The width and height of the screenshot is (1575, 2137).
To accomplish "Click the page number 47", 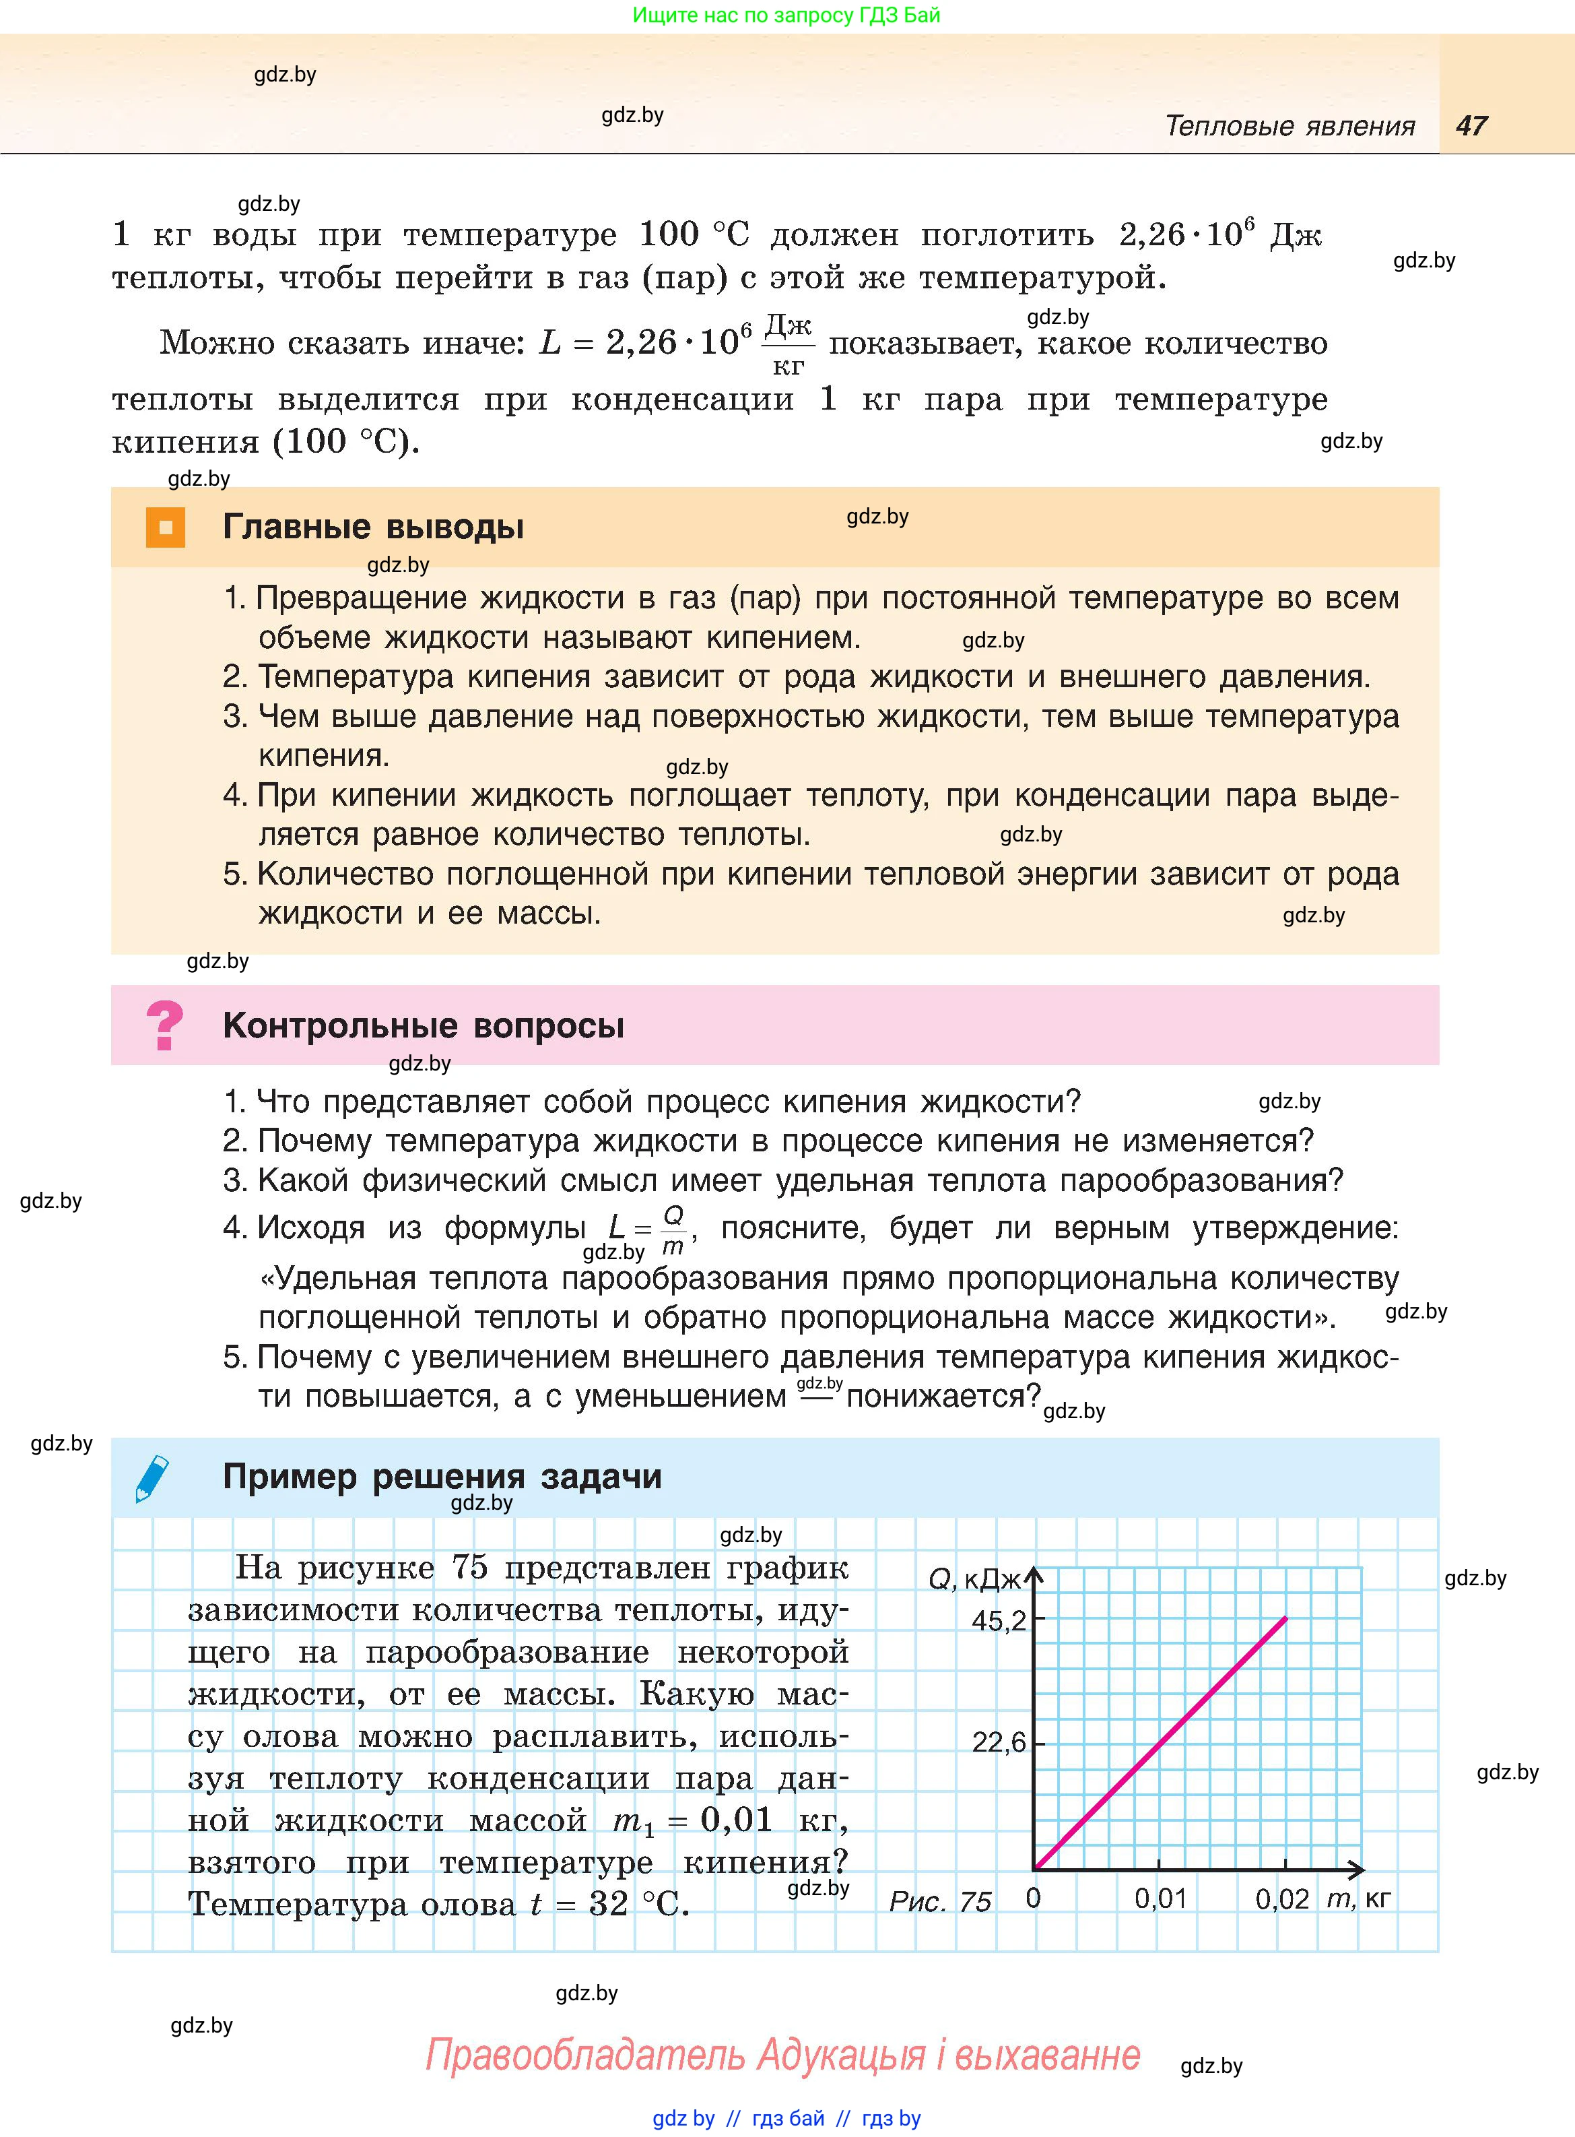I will [x=1471, y=126].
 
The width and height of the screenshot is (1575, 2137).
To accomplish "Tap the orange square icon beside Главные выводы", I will [x=165, y=528].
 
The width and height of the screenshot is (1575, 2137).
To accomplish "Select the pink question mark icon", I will [x=165, y=1025].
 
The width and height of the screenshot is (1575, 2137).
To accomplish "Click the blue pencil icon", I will [x=153, y=1478].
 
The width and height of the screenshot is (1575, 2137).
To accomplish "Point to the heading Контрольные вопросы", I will [x=424, y=1026].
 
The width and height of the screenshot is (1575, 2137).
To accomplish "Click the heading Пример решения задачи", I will [x=442, y=1476].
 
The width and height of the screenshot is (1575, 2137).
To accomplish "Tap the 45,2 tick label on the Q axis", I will [x=998, y=1620].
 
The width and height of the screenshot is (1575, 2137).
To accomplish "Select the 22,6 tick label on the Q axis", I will [x=998, y=1743].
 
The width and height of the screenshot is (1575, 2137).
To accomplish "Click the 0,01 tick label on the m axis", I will [x=1160, y=1899].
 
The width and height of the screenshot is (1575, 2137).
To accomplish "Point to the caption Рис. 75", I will [x=940, y=1901].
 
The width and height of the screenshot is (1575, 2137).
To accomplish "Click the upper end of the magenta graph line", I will [x=1285, y=1618].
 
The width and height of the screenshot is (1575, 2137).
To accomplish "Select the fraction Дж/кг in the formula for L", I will [x=789, y=345].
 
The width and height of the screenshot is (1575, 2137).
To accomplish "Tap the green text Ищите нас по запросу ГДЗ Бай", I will [x=786, y=15].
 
